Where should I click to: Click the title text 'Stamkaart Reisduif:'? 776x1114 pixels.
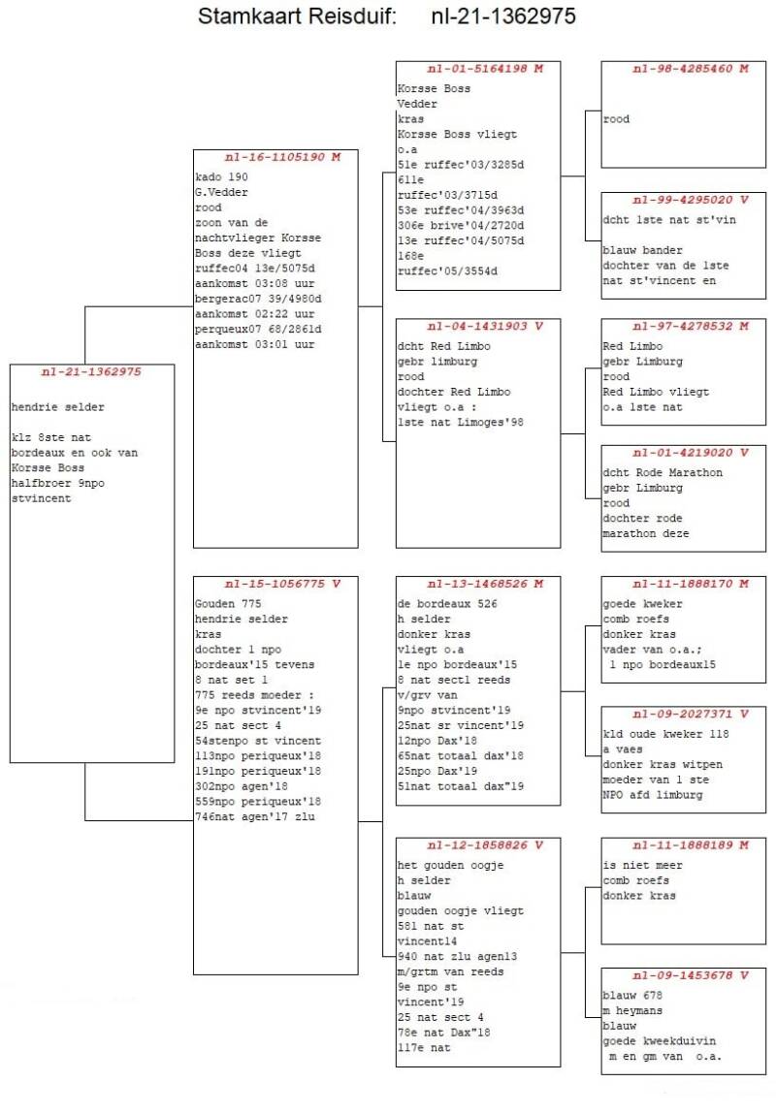coord(296,16)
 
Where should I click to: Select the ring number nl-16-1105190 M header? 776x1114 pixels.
coord(283,157)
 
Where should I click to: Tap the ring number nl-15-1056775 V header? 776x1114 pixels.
coord(283,584)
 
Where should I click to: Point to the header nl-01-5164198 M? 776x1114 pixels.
coord(485,68)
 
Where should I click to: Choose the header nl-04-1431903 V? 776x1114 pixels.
coord(485,326)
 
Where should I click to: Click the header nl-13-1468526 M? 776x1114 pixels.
coord(485,584)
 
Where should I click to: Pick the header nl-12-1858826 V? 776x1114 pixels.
coord(485,844)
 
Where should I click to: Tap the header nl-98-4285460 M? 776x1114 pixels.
coord(691,68)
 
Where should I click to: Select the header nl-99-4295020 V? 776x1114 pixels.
coord(691,200)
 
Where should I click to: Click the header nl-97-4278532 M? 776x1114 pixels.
coord(691,326)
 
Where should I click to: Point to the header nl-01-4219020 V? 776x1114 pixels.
coord(691,453)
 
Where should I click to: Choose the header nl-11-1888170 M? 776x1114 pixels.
coord(691,584)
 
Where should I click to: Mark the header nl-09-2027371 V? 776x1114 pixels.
coord(691,714)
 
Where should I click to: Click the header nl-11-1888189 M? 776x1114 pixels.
coord(691,844)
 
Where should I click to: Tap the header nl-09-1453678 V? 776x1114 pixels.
coord(691,975)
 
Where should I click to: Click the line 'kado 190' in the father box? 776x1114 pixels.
coord(222,176)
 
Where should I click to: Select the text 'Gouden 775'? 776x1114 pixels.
coord(228,604)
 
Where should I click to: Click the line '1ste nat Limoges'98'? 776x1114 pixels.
coord(461,422)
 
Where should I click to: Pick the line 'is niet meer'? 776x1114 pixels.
coord(642,866)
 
